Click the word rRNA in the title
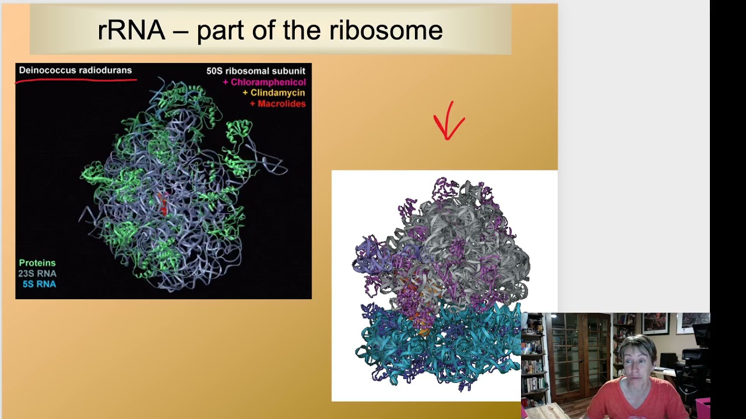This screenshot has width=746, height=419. [x=131, y=30]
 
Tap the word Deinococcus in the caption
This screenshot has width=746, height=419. [x=46, y=70]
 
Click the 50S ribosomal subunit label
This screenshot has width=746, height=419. [x=255, y=71]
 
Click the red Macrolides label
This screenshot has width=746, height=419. [x=277, y=104]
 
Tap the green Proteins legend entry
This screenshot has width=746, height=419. [x=37, y=263]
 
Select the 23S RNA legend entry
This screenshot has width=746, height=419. [x=37, y=274]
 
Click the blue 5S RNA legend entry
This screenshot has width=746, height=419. [x=39, y=284]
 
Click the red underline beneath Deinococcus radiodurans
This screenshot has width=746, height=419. [x=76, y=80]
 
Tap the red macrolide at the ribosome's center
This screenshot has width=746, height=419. [x=163, y=204]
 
